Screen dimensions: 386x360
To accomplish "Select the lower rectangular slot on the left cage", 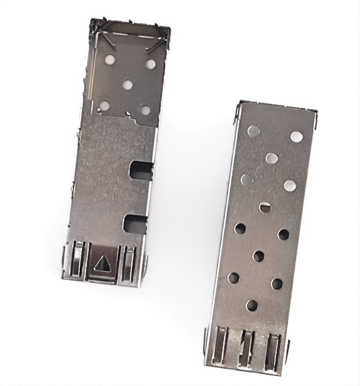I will point(135,223).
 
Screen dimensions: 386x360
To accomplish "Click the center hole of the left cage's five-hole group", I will point(127,84).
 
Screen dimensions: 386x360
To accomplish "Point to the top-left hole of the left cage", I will point(110,59).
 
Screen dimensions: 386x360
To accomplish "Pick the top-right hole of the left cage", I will point(151,64).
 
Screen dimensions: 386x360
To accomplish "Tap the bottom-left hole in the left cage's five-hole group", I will point(104,106).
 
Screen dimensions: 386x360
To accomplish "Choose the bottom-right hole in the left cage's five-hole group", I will point(145,110).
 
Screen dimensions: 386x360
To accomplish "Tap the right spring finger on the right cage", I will point(273,350).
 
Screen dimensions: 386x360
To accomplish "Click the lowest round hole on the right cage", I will point(252,306).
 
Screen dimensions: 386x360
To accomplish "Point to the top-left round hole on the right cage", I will point(253,131).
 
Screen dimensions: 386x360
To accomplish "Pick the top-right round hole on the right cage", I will point(297,137).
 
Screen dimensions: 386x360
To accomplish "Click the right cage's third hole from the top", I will point(271,158).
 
